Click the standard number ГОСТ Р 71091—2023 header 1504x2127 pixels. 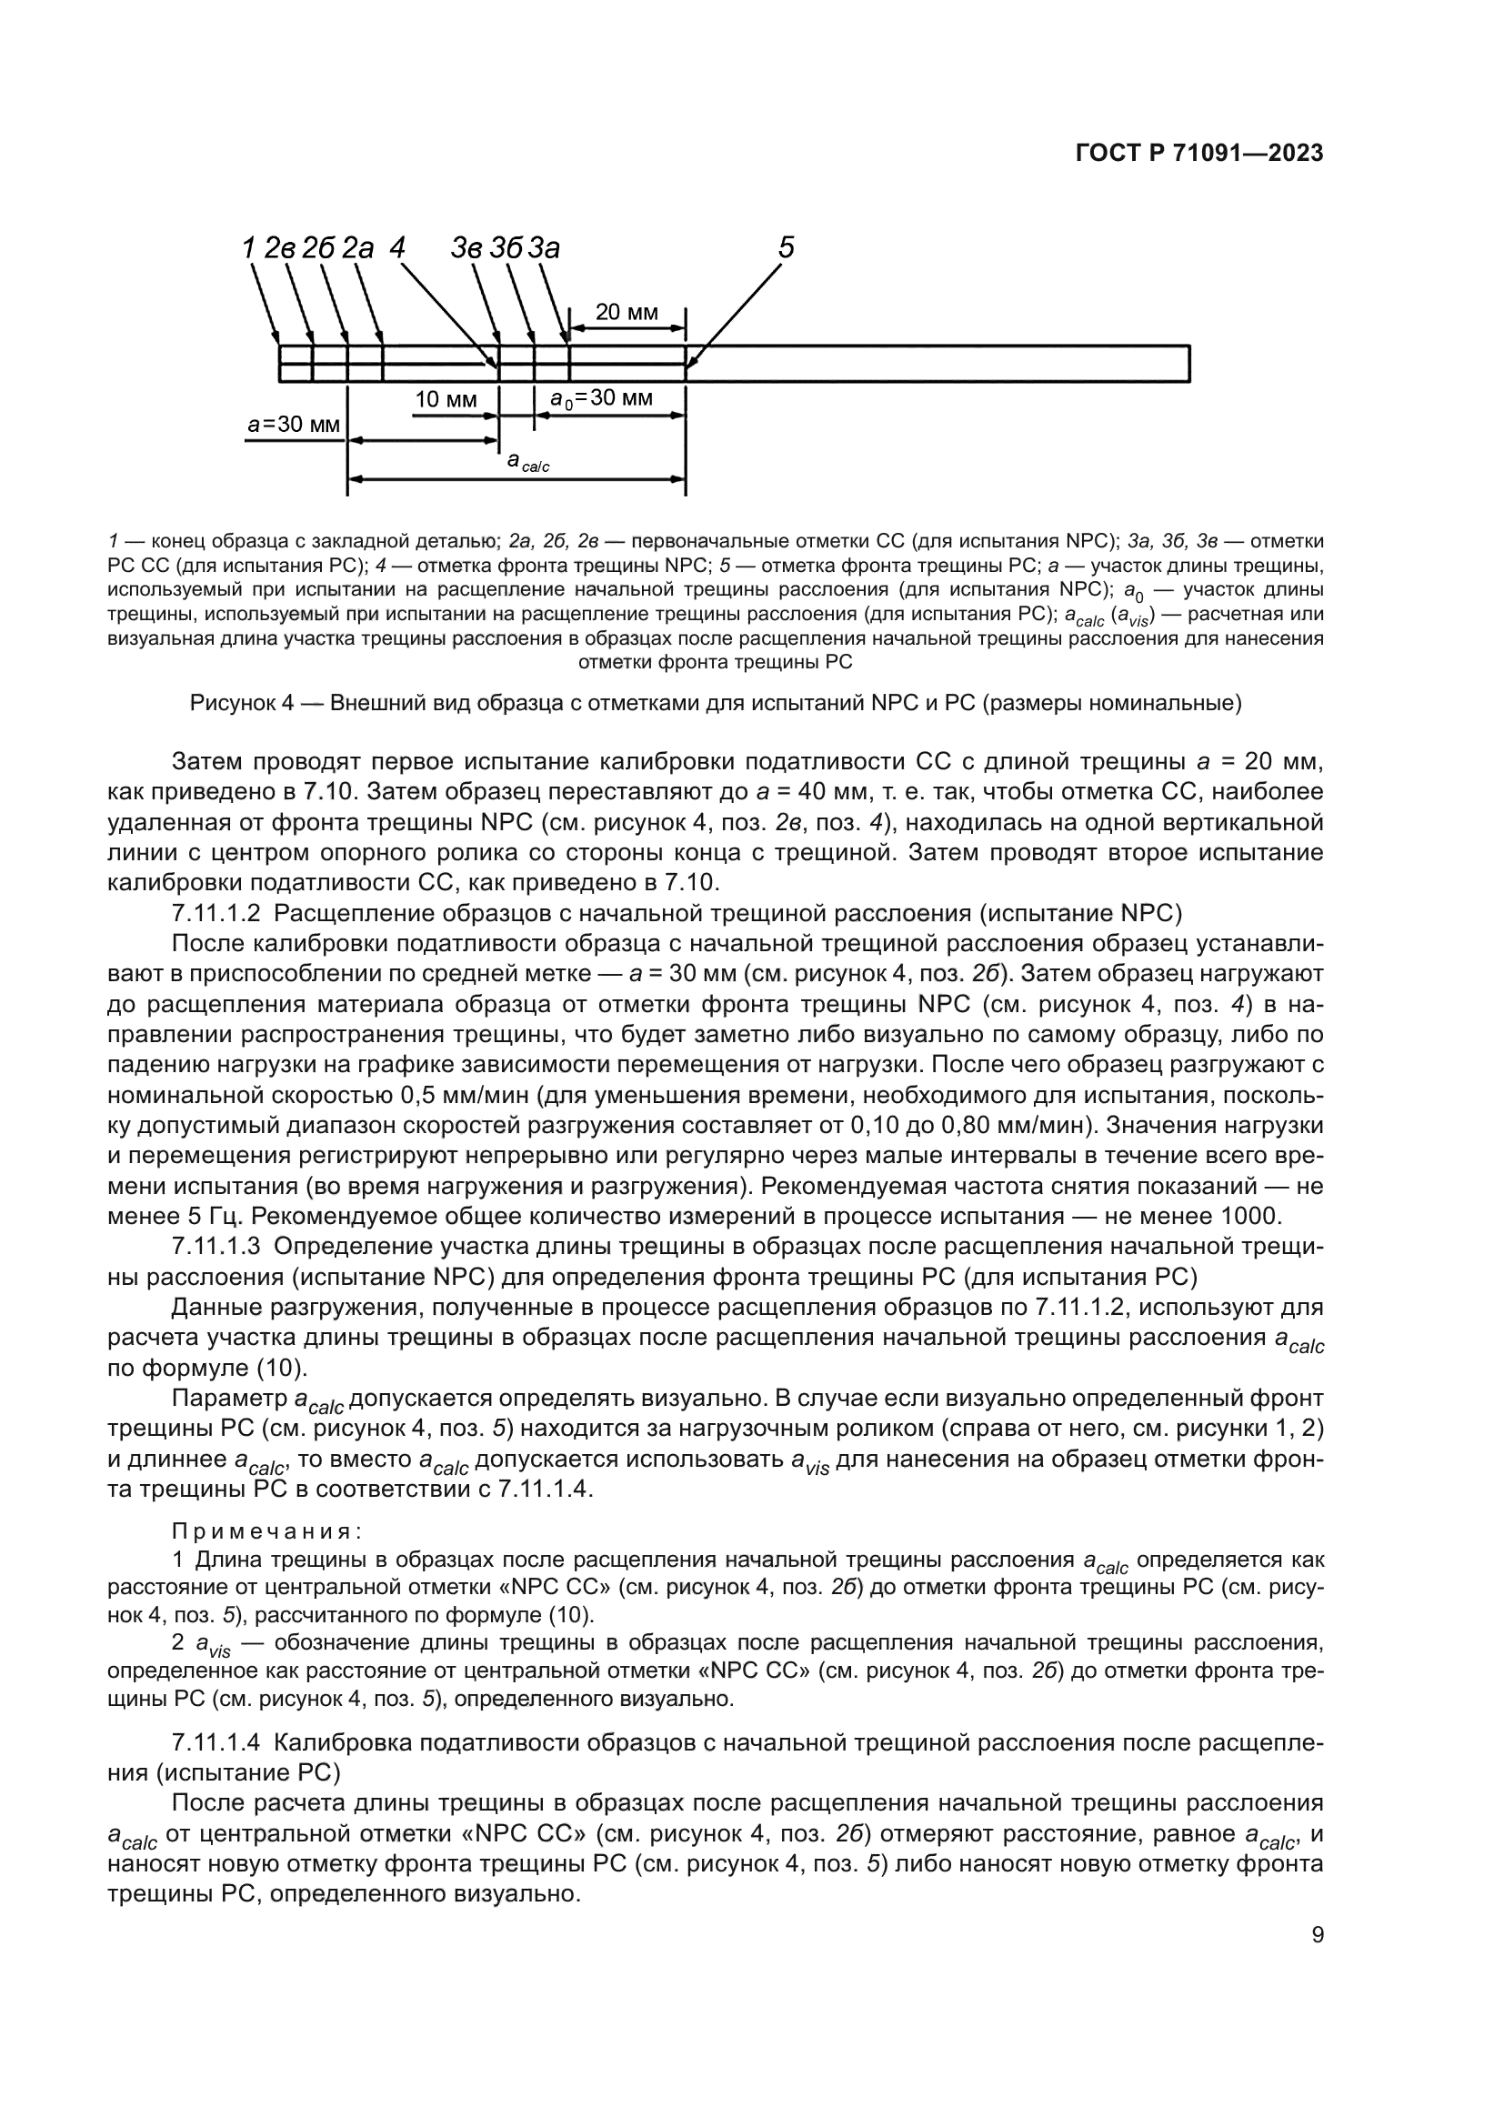point(1199,154)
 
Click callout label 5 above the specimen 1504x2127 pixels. point(786,247)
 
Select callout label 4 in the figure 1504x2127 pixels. point(397,247)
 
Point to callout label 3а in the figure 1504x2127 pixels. point(546,248)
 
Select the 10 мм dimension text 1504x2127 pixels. point(446,400)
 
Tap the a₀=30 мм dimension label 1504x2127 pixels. point(601,399)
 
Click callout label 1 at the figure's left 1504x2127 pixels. point(248,247)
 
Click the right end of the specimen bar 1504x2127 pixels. point(1188,363)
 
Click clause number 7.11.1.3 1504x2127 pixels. point(216,1247)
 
